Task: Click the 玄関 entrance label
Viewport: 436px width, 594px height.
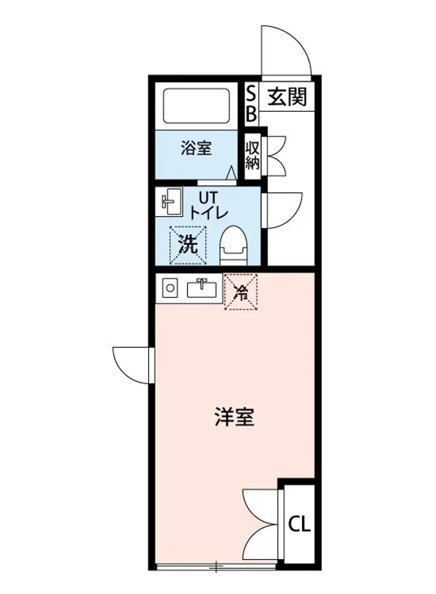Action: pyautogui.click(x=287, y=98)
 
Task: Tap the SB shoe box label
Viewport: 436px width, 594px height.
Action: pyautogui.click(x=252, y=104)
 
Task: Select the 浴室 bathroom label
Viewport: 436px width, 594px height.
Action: pyautogui.click(x=196, y=148)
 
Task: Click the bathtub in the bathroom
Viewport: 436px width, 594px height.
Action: pyautogui.click(x=197, y=105)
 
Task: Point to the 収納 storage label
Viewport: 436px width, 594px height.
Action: pyautogui.click(x=253, y=155)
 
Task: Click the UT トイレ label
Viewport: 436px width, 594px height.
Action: pyautogui.click(x=208, y=206)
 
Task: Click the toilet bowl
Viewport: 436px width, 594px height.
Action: pyautogui.click(x=233, y=246)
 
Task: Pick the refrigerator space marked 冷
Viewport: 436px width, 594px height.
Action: pyautogui.click(x=241, y=293)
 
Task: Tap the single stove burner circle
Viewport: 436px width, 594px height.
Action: pyautogui.click(x=169, y=288)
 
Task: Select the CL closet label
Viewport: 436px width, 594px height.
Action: pyautogui.click(x=300, y=524)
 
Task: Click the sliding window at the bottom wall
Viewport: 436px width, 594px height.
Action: pyautogui.click(x=217, y=567)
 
